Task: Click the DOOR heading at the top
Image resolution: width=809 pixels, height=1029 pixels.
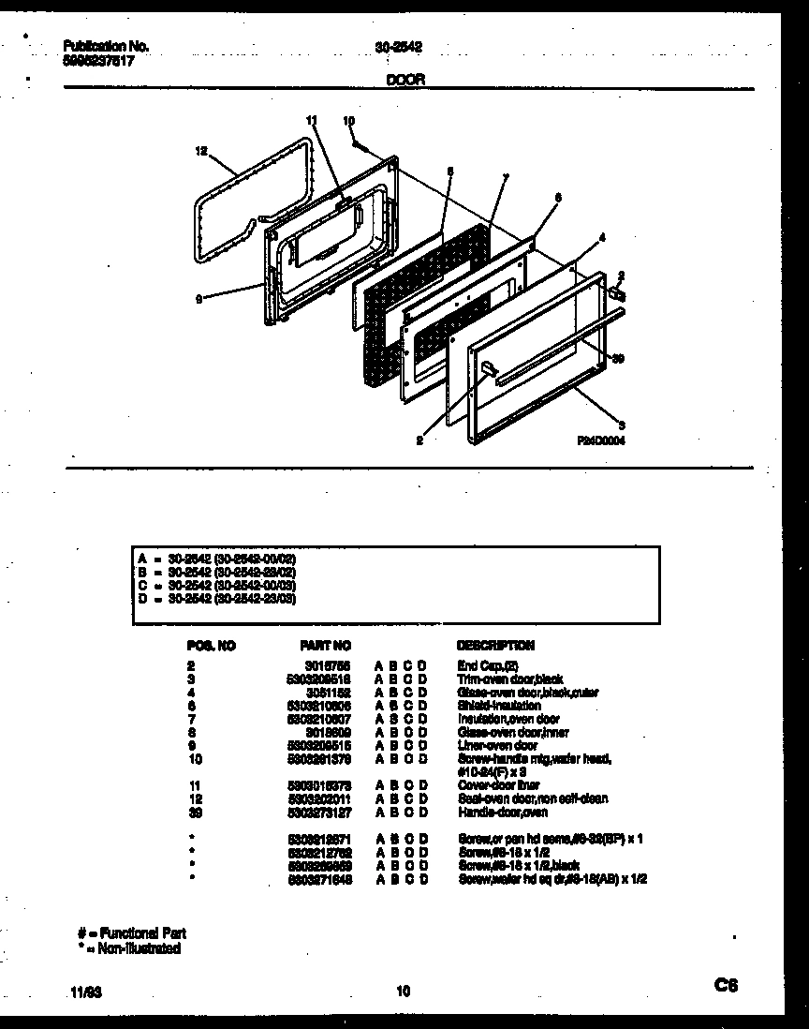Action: coord(405,81)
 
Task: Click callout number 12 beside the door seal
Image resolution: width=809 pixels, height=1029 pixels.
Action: coord(200,150)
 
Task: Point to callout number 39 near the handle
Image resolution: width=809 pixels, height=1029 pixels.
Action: coord(617,357)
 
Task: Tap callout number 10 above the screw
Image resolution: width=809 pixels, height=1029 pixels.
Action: coord(349,121)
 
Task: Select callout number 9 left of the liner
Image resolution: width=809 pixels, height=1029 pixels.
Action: coord(199,299)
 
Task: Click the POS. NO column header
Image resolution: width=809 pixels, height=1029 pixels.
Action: coord(211,646)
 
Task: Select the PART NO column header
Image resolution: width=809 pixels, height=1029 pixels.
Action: coord(325,646)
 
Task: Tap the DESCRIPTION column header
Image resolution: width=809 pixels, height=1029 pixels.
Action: coord(495,646)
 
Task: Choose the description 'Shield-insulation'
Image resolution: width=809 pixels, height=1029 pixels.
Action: coord(498,705)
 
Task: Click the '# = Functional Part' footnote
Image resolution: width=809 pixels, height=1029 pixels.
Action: coord(131,933)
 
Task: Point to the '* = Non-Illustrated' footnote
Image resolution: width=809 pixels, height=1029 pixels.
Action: coord(129,947)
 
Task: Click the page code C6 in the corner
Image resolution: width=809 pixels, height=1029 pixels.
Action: coord(727,985)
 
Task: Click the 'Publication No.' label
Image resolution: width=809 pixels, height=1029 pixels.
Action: coord(106,46)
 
